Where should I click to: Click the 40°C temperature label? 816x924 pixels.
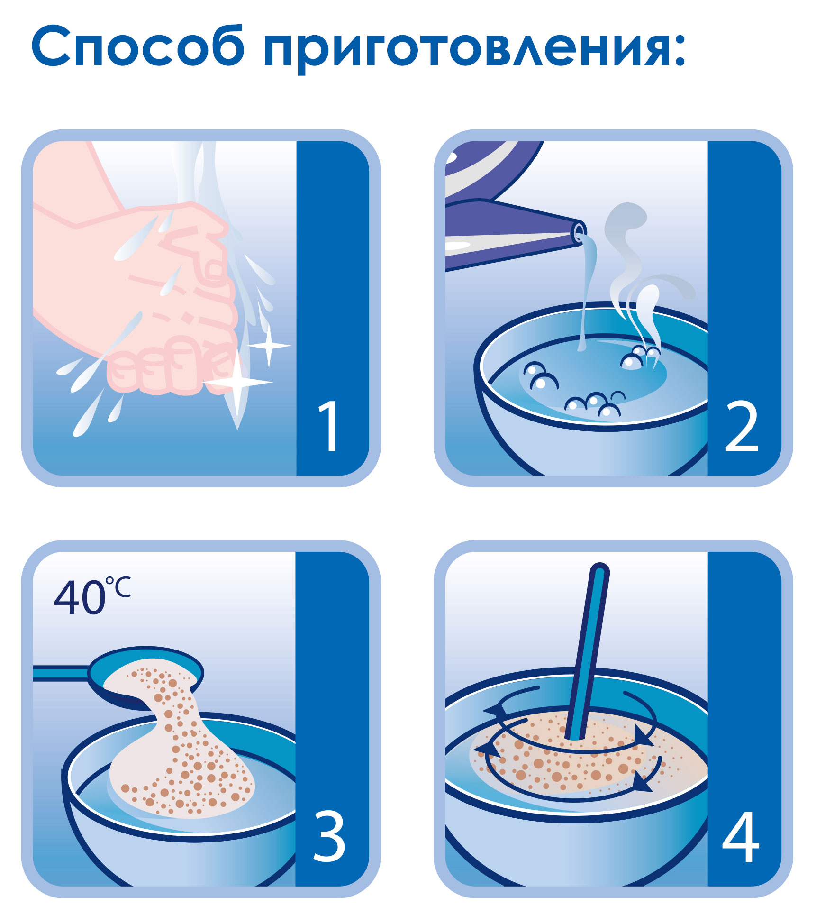click(x=91, y=596)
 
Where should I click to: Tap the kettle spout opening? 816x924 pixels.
click(x=579, y=233)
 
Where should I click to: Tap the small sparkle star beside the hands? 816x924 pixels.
click(x=269, y=346)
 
